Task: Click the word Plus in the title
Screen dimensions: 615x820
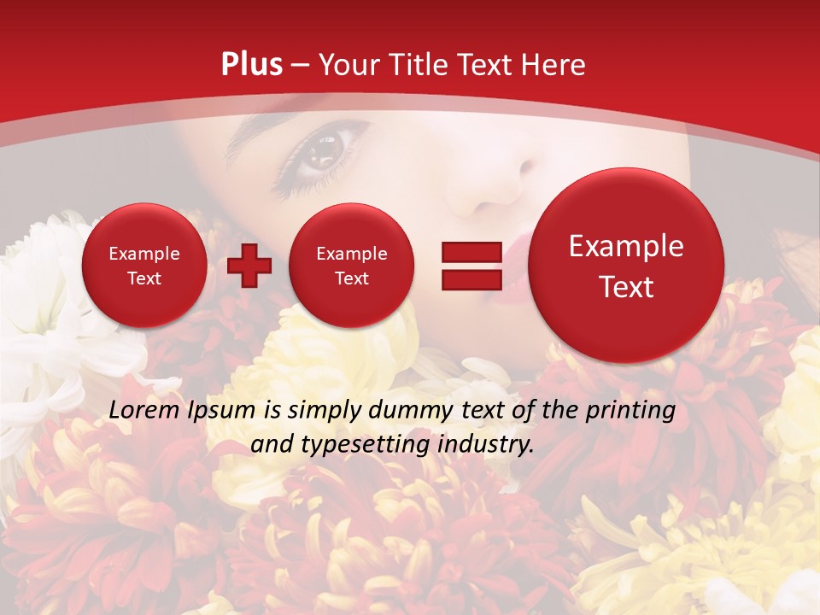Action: [252, 65]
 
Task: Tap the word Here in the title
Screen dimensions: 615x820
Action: [553, 65]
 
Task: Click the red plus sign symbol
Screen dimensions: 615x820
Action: [249, 266]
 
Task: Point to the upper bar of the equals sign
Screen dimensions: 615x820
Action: [471, 252]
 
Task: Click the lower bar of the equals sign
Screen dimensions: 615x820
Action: [471, 279]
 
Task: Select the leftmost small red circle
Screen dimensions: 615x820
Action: [143, 265]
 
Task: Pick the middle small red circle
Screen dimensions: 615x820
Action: [351, 265]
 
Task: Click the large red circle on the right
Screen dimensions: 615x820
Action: [626, 265]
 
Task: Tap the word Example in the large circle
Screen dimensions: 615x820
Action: [626, 246]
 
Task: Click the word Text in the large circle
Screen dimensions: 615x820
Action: [626, 287]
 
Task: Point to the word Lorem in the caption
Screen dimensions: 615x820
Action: [144, 411]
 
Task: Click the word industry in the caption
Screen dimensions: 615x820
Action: [483, 445]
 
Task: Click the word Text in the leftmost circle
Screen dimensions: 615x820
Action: [143, 278]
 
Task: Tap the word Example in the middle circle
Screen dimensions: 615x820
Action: [351, 254]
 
